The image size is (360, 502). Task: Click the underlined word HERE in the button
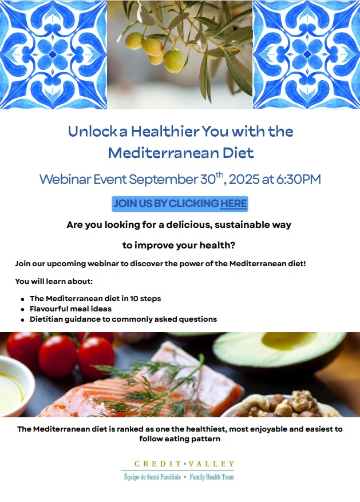tap(234, 204)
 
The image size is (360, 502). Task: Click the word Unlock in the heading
tap(93, 131)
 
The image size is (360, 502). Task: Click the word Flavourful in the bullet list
tap(48, 309)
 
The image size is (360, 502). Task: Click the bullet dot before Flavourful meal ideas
tap(22, 310)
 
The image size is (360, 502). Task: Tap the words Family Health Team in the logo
tap(212, 477)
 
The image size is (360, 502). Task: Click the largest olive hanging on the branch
tap(174, 61)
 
